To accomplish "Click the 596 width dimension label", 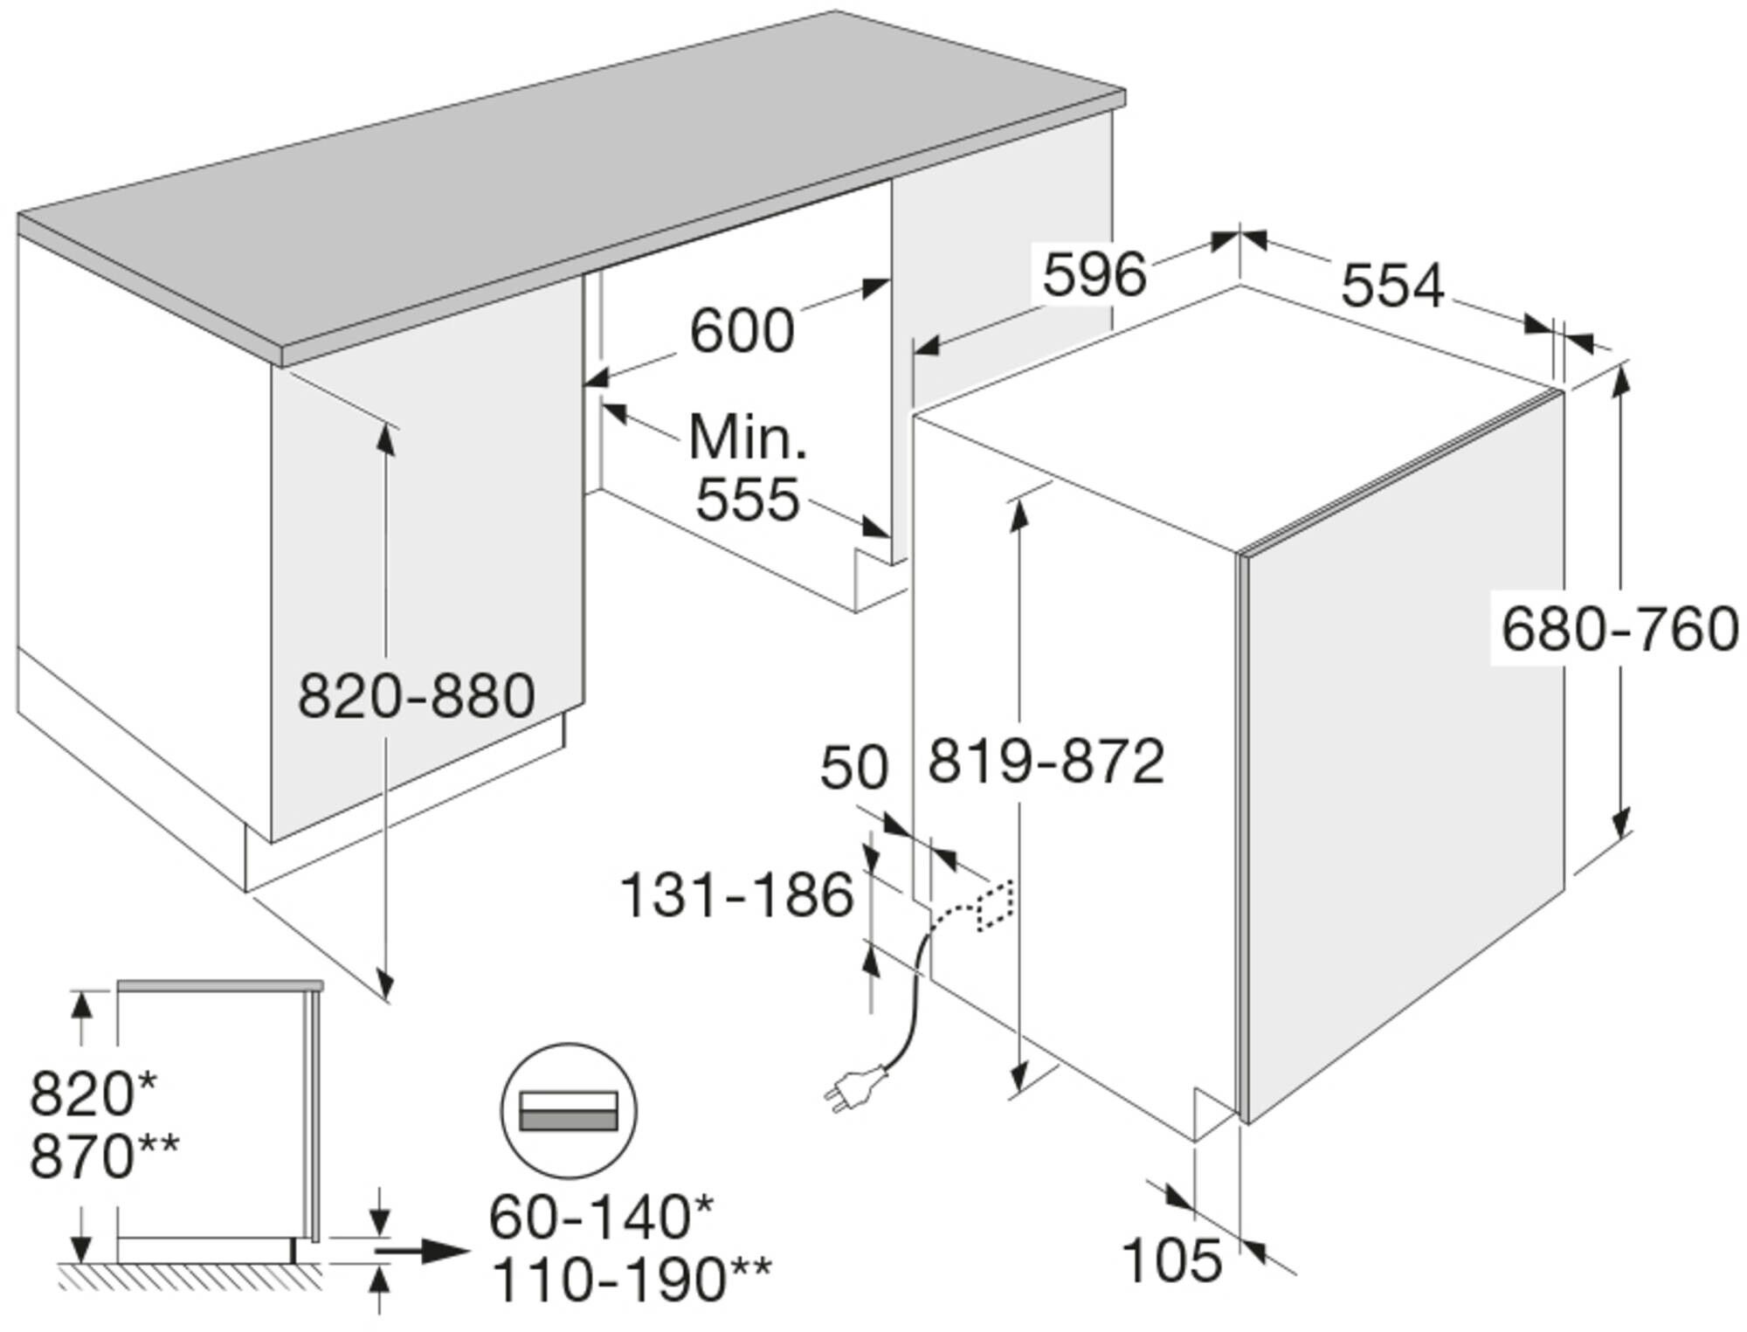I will (x=1094, y=275).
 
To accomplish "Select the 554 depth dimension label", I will (x=1392, y=286).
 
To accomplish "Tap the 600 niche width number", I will (x=742, y=331).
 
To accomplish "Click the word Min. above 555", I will (x=747, y=437).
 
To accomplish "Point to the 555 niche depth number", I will (x=748, y=500).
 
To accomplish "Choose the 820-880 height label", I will (x=417, y=696).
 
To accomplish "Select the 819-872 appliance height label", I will (x=1046, y=761).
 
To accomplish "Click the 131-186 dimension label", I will (x=736, y=895).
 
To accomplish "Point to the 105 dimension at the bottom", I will (x=1170, y=1260).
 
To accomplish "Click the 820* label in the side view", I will (x=94, y=1094).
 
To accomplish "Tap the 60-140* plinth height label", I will (x=601, y=1217).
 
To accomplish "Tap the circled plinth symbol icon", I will (x=569, y=1111).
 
